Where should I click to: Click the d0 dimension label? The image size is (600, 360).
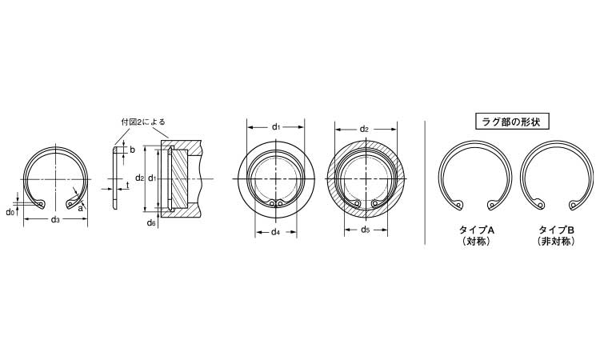tap(10, 212)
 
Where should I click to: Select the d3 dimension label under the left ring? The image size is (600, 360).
tap(55, 219)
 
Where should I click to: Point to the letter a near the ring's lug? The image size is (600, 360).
tap(80, 209)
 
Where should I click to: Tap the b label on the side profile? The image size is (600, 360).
tap(132, 150)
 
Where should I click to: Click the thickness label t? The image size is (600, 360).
tap(127, 185)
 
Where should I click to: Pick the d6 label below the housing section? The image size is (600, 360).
tap(151, 222)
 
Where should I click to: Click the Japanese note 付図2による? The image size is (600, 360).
tap(143, 122)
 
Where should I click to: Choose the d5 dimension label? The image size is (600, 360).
tap(366, 230)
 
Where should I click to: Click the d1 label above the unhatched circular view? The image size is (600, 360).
tap(276, 126)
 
